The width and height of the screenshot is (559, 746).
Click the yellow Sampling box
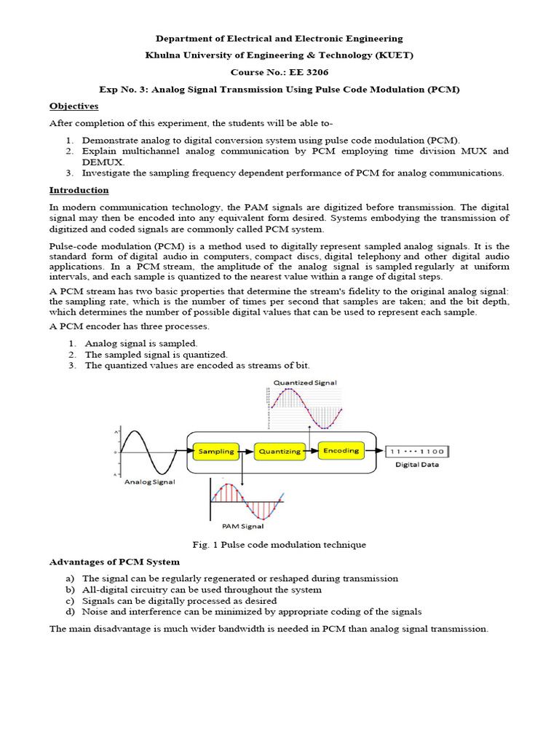pyautogui.click(x=216, y=451)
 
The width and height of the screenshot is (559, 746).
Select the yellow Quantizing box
pyautogui.click(x=279, y=451)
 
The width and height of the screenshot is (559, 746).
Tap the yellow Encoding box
pyautogui.click(x=341, y=450)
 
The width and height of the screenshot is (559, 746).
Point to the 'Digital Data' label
pyautogui.click(x=417, y=465)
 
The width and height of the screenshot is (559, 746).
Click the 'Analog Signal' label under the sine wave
pyautogui.click(x=149, y=481)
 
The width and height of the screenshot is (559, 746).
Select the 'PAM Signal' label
pyautogui.click(x=243, y=525)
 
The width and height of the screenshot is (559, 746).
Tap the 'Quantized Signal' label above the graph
pyautogui.click(x=305, y=382)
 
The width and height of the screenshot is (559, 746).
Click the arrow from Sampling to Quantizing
pyautogui.click(x=247, y=451)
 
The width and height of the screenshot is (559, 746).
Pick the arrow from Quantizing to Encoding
pyautogui.click(x=310, y=451)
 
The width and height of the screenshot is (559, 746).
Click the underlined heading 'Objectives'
pyautogui.click(x=74, y=106)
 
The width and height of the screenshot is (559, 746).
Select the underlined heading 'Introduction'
pyautogui.click(x=79, y=190)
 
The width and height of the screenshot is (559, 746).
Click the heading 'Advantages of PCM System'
pyautogui.click(x=114, y=562)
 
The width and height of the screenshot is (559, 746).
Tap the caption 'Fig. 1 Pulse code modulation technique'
pyautogui.click(x=279, y=544)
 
